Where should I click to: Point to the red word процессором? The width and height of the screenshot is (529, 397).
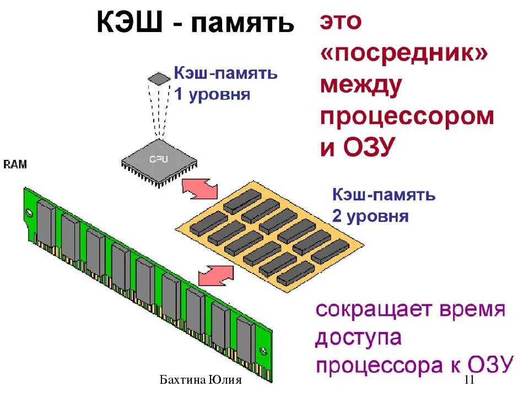coord(407,117)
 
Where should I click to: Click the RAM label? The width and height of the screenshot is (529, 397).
coord(15,164)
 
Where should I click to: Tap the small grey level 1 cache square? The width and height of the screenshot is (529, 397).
coord(159,78)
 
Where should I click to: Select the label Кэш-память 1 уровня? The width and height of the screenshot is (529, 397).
coord(225,83)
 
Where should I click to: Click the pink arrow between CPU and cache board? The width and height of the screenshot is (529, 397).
coord(200,189)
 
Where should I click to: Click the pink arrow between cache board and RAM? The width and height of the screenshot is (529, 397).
coord(215,275)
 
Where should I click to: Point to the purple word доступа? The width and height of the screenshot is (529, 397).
coord(358,337)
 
